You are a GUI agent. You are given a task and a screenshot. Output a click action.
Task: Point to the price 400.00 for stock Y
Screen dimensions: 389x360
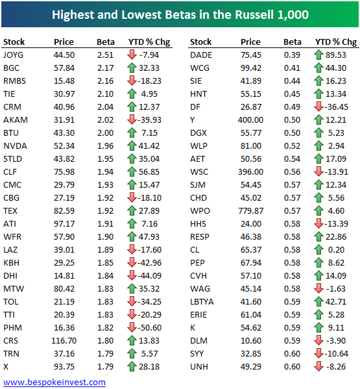pyautogui.click(x=250, y=119)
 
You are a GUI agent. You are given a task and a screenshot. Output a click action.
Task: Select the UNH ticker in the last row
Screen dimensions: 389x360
pyautogui.click(x=199, y=366)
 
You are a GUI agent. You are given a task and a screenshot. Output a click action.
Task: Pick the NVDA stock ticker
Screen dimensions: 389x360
pyautogui.click(x=15, y=145)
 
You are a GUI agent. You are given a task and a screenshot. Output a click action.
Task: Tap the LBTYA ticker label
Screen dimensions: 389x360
pyautogui.click(x=202, y=301)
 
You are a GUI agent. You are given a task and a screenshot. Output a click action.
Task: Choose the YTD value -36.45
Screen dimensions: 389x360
pyautogui.click(x=339, y=107)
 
